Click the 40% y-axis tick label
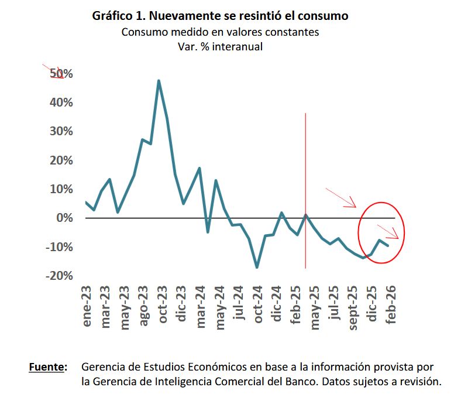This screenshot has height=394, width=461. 60,102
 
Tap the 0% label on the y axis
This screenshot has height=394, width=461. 64,218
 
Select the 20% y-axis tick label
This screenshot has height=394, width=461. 60,160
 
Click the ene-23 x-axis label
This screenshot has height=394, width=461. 87,308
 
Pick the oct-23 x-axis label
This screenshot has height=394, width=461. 163,307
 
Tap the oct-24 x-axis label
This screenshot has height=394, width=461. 257,307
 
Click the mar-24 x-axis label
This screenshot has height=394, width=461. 201,307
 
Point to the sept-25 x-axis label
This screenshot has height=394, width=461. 353,309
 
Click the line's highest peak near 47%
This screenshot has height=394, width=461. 159,81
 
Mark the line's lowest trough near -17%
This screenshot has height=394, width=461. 257,268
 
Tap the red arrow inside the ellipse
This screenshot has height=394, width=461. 388,231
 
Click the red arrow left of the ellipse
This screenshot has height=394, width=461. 340,197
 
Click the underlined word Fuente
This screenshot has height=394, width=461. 47,367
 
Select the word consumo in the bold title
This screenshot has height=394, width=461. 322,16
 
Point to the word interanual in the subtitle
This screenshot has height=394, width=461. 236,46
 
